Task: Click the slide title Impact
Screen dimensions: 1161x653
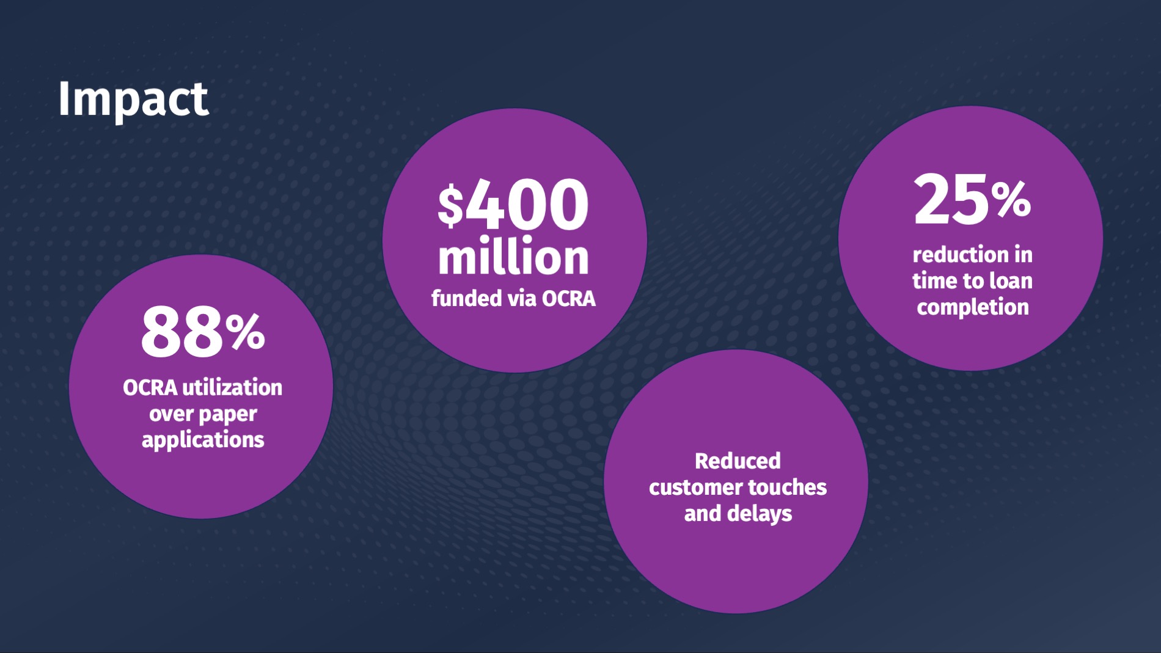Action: click(x=133, y=99)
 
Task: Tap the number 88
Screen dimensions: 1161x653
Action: click(x=182, y=332)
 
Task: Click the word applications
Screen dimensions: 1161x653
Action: click(x=203, y=440)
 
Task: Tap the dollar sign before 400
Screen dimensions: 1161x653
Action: click(x=450, y=206)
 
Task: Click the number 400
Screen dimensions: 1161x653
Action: click(x=527, y=205)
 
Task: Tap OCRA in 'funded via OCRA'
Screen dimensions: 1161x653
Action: click(x=569, y=299)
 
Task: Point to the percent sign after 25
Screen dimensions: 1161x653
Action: click(x=1011, y=200)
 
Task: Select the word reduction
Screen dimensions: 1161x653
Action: click(x=961, y=254)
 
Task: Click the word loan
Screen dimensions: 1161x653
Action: click(x=1011, y=280)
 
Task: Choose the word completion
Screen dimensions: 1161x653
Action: click(x=973, y=308)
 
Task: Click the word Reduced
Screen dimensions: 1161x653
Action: click(x=738, y=461)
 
